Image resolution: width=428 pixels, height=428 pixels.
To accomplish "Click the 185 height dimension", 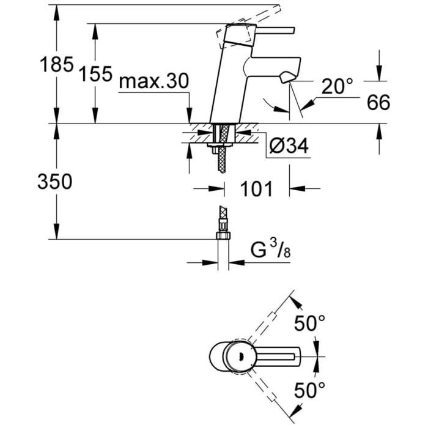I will point(56,64).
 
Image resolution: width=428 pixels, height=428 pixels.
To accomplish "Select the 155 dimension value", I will point(95,74).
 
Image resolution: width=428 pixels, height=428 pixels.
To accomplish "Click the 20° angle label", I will point(338,87).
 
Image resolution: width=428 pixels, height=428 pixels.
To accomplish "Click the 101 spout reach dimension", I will point(256,189).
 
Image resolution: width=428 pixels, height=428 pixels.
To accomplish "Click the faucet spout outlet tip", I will point(286,78).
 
